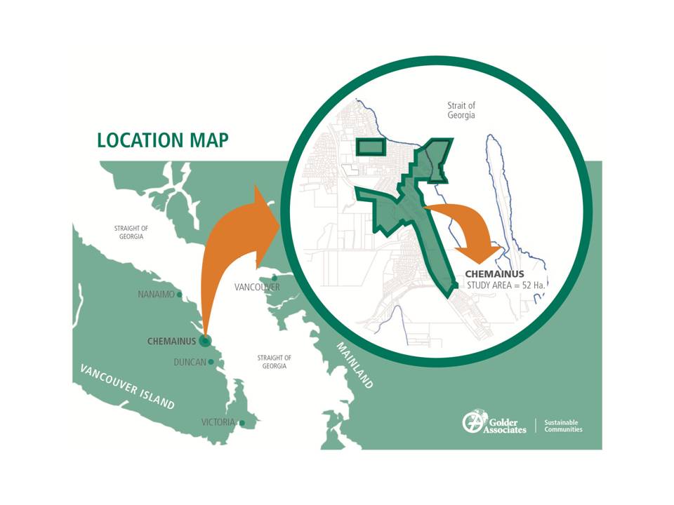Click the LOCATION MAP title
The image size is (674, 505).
click(162, 140)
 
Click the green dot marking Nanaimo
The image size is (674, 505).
click(180, 295)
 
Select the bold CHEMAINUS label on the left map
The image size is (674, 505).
click(171, 342)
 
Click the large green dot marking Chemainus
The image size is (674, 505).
click(205, 342)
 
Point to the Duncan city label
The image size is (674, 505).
click(190, 363)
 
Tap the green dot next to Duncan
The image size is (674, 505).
click(211, 362)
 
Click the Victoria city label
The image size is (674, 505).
click(218, 423)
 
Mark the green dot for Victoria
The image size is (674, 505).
click(242, 423)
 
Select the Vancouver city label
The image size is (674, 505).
click(257, 288)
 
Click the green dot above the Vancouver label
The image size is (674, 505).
click(275, 278)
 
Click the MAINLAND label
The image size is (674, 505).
click(355, 365)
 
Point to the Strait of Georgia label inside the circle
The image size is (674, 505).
click(461, 110)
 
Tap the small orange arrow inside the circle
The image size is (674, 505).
click(470, 231)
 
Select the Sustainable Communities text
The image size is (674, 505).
click(563, 426)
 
